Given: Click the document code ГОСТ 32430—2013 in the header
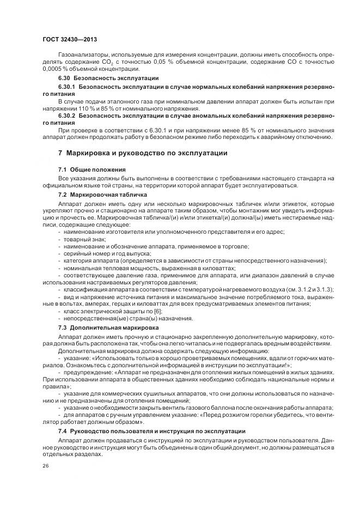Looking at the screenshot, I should point(69,40).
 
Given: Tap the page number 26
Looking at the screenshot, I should point(46,465).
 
